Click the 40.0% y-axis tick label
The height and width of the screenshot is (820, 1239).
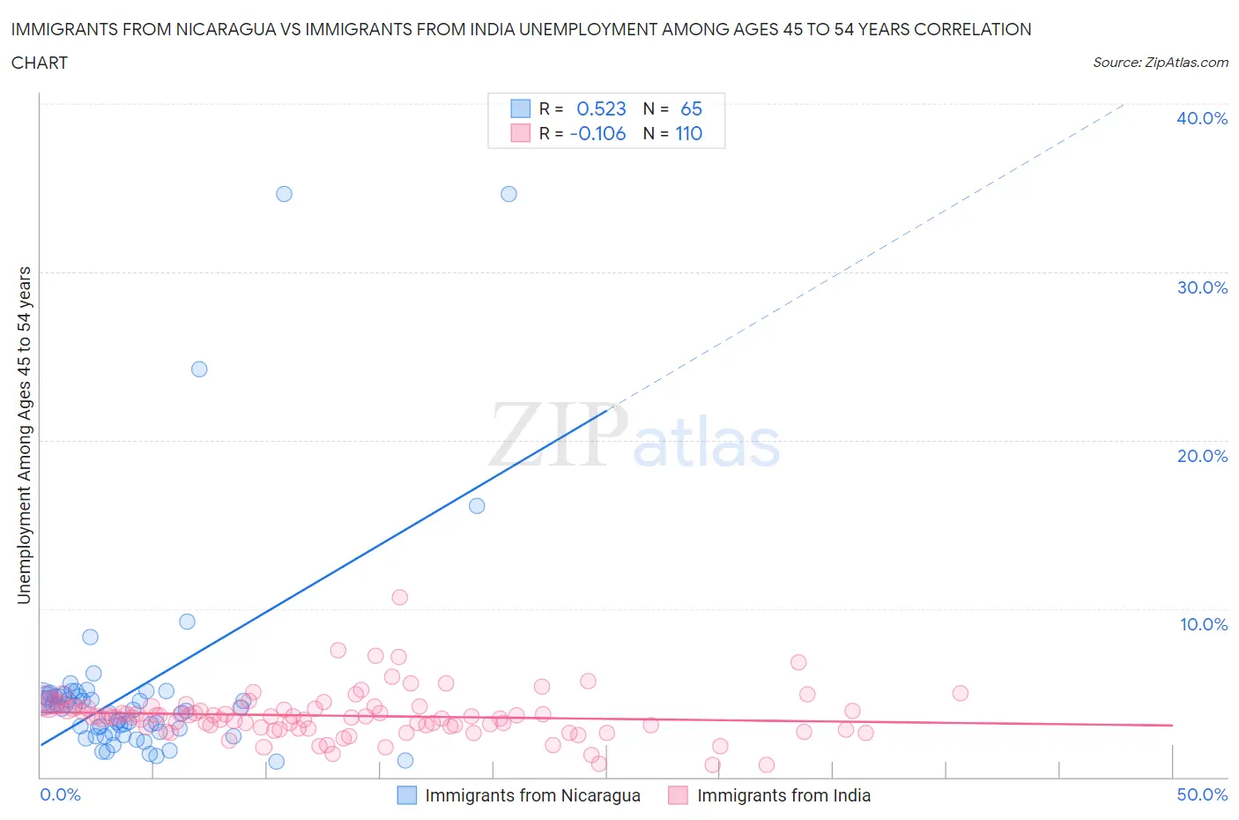(x=1202, y=118)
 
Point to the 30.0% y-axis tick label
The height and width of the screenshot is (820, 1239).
(x=1202, y=287)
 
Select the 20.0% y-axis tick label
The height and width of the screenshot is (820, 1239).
(x=1202, y=456)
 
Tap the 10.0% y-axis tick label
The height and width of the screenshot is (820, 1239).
(x=1203, y=624)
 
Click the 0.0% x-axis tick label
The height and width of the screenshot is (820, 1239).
(x=60, y=794)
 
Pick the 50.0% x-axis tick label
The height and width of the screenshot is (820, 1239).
(x=1202, y=794)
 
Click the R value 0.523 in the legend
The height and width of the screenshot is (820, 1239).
(x=601, y=108)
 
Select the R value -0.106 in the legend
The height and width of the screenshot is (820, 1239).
(x=597, y=133)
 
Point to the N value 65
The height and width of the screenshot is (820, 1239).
(x=691, y=108)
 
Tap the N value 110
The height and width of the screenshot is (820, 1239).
(x=688, y=133)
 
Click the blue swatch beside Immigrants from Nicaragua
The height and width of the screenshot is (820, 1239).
(x=406, y=795)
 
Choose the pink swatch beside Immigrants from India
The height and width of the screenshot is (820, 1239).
(x=678, y=795)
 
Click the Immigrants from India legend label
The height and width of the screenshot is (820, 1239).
(x=783, y=795)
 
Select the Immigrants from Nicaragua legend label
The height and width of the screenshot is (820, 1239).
(x=532, y=795)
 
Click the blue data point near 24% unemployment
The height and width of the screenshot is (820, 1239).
(x=199, y=369)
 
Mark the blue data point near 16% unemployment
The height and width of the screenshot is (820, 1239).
(x=477, y=505)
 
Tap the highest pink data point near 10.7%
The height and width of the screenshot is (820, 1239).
(x=400, y=597)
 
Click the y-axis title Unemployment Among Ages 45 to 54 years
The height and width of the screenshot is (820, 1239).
(x=24, y=435)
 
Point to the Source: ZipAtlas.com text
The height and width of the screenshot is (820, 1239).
(x=1160, y=62)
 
